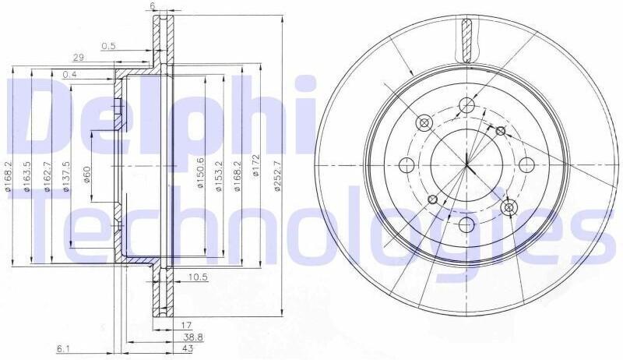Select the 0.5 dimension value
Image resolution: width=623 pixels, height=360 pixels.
click(x=108, y=46)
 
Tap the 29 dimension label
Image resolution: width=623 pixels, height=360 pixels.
click(x=79, y=58)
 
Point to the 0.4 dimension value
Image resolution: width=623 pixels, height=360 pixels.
click(x=69, y=74)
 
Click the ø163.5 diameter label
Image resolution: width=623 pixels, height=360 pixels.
click(x=27, y=177)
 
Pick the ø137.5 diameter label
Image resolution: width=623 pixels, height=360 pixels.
click(x=66, y=177)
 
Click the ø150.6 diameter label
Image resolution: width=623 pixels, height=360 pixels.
click(x=200, y=173)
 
